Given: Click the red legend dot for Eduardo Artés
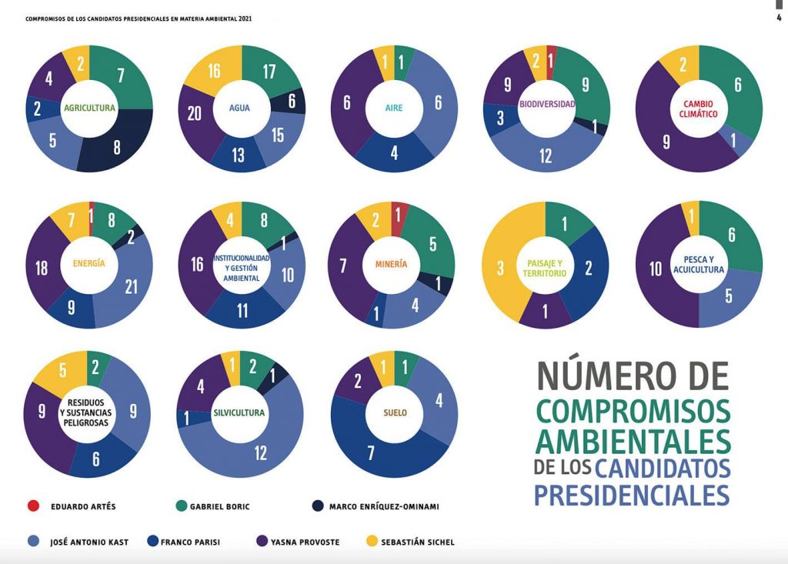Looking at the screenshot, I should [x=33, y=506].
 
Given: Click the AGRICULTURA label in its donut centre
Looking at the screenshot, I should [x=89, y=108].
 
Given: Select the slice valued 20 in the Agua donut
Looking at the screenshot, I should [x=195, y=114].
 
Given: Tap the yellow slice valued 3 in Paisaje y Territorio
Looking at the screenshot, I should [x=500, y=267].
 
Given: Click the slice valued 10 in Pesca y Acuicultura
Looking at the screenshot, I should [x=656, y=269].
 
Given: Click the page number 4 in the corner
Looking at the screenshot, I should [x=778, y=18].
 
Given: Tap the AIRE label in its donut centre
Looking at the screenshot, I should [x=394, y=108].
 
